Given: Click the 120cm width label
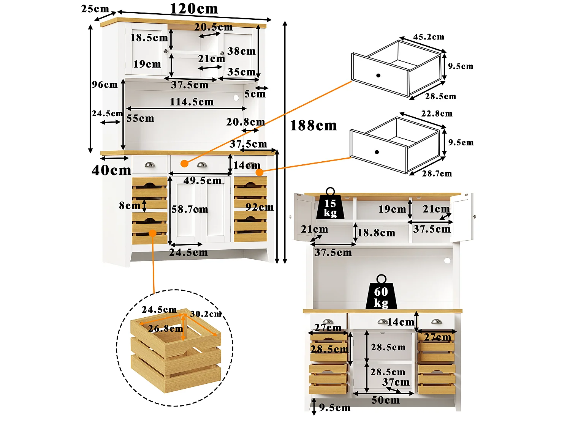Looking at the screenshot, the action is [x=194, y=9].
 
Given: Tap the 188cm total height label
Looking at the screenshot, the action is [x=313, y=126].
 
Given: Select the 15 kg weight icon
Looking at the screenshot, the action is [x=330, y=203].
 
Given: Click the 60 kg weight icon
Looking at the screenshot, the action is [x=381, y=292].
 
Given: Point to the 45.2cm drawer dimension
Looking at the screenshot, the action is [x=429, y=37].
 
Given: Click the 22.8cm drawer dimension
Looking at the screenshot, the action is [x=437, y=113].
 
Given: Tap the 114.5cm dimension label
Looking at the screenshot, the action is [x=192, y=102].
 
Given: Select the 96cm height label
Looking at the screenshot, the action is [x=104, y=85].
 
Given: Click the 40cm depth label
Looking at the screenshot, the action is [x=111, y=170].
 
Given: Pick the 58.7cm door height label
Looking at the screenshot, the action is [x=190, y=209].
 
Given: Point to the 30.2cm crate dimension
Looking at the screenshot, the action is [x=206, y=314].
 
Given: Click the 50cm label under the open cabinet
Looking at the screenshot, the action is [x=386, y=400].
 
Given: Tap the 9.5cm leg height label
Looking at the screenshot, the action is [x=335, y=408].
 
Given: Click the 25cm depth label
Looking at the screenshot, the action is [x=95, y=9].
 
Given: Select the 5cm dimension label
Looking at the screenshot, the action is [x=255, y=94].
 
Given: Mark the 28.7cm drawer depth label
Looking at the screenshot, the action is [x=437, y=173].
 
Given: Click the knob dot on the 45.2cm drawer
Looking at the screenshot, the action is [x=378, y=76].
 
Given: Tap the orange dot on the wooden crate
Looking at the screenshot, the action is [x=153, y=233].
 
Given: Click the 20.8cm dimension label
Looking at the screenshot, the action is [x=245, y=122].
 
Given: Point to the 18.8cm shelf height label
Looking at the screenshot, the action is [x=377, y=233].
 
